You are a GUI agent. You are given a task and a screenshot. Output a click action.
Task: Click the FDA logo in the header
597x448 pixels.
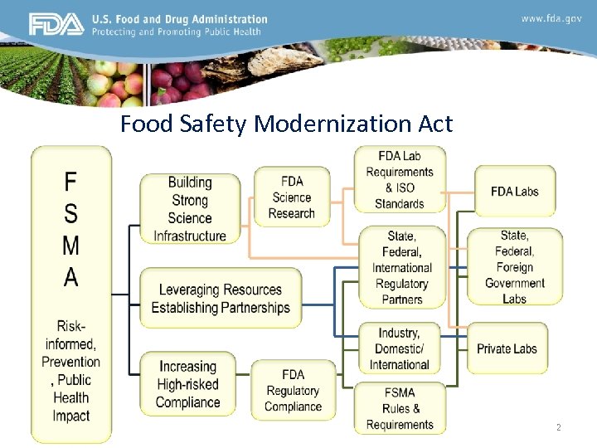[56, 25]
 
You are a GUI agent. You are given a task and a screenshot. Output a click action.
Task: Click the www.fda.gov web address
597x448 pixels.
[551, 18]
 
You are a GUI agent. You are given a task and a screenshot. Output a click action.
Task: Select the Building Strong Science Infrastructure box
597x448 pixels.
[190, 209]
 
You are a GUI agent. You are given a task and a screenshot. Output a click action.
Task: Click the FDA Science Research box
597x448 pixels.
[292, 197]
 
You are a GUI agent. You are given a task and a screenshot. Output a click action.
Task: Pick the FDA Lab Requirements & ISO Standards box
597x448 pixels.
[400, 179]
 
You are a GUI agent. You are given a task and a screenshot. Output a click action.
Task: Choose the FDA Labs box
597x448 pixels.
[514, 192]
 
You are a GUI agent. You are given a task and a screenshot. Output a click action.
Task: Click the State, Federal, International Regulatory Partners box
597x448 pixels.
[401, 267]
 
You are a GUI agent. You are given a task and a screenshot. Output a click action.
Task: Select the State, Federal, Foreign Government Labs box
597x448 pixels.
[514, 267]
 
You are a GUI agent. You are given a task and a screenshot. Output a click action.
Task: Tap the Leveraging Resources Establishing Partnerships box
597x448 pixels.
[221, 299]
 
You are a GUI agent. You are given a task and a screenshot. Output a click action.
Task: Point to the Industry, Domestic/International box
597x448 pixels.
[399, 348]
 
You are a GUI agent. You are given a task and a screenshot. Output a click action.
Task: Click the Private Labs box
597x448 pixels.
[507, 349]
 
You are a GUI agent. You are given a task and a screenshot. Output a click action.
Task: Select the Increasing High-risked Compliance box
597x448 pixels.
[188, 385]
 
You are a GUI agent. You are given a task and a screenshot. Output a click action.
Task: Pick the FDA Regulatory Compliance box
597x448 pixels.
[293, 391]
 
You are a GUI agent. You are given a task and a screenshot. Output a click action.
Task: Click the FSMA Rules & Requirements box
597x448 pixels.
[400, 409]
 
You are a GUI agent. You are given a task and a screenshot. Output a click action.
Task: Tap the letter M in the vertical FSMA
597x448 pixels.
[71, 246]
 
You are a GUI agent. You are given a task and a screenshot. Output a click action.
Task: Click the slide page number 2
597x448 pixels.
[558, 427]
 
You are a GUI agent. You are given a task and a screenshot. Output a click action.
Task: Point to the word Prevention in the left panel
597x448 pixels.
[71, 362]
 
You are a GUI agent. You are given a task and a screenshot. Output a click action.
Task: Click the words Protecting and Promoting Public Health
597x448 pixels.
[176, 32]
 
